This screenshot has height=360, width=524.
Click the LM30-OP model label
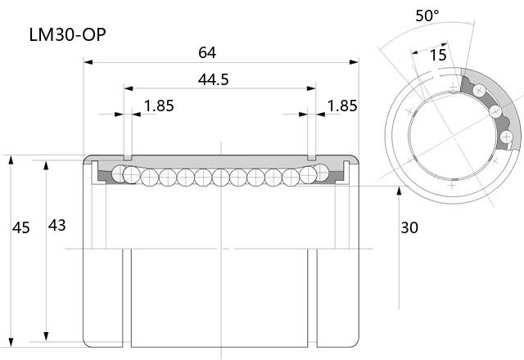point(67,34)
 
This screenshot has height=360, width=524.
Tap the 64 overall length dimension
point(207,52)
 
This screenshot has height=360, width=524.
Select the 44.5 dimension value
point(213,79)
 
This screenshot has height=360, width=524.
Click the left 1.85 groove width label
point(159,106)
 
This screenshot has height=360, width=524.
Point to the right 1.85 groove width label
point(342,106)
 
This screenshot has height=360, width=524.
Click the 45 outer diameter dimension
point(21,227)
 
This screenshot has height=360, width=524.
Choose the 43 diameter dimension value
point(56,226)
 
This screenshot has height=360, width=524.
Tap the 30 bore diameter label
point(409,227)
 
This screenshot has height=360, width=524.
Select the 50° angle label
point(427,16)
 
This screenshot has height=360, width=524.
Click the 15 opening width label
point(438,55)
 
